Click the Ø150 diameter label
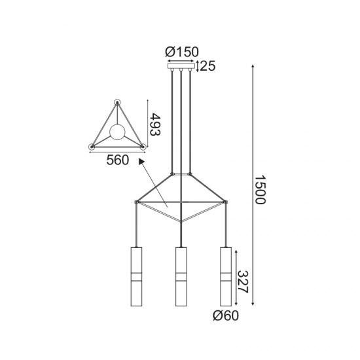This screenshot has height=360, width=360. [182, 52]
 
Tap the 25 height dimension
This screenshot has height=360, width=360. [209, 65]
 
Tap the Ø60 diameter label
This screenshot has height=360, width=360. [225, 317]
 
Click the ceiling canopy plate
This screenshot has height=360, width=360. [182, 65]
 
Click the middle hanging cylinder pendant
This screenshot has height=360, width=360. [181, 278]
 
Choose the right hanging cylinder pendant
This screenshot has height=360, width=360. [226, 278]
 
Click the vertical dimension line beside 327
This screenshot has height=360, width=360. [236, 278]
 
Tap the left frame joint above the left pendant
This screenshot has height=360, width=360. [135, 201]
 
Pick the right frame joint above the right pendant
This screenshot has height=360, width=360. [226, 201]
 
